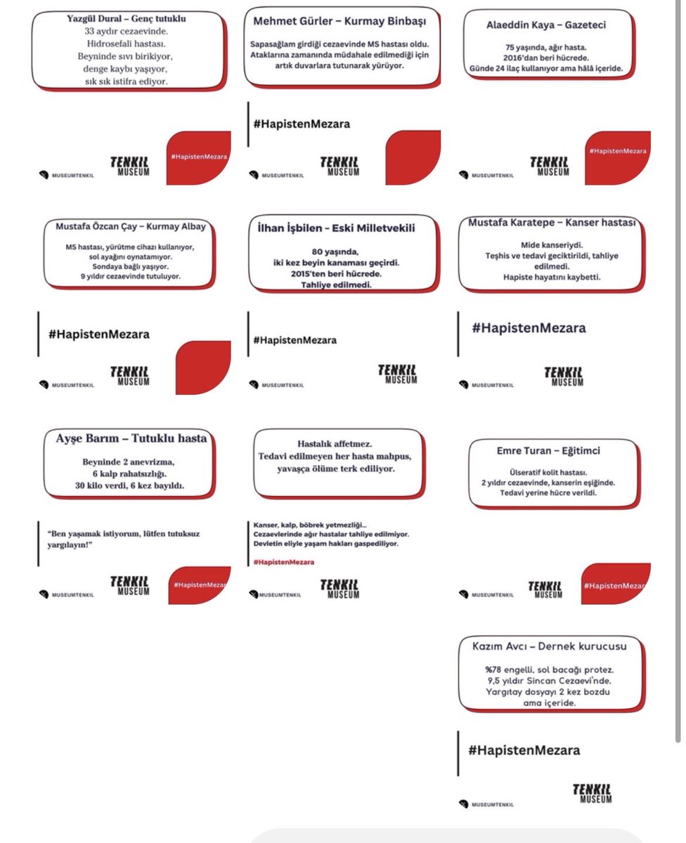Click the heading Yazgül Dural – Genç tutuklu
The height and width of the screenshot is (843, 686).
click(x=129, y=17)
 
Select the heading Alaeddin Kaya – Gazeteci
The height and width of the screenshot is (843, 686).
click(x=546, y=25)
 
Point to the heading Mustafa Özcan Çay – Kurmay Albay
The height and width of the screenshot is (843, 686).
click(x=131, y=227)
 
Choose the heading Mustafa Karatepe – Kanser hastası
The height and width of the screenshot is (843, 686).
click(x=551, y=223)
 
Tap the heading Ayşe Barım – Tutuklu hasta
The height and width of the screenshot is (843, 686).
click(x=131, y=438)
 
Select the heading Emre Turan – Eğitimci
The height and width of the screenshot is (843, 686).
click(x=545, y=450)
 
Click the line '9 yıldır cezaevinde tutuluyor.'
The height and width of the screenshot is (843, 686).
click(x=130, y=276)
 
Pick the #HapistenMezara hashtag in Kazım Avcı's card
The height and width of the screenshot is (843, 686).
click(x=524, y=750)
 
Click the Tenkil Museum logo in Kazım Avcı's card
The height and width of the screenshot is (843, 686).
click(x=592, y=792)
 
